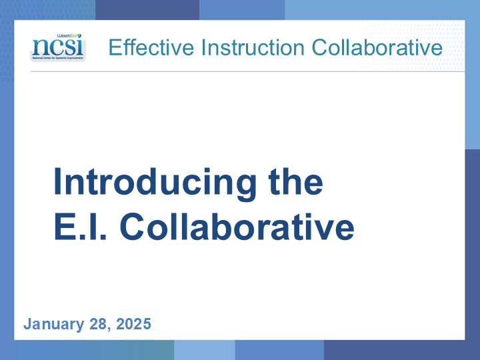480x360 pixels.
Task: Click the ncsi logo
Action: point(58,47)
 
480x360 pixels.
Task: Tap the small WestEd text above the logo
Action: point(69,36)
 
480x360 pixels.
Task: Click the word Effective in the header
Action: point(151,47)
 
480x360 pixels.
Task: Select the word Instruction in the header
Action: point(253,47)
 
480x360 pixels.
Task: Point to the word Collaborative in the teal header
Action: point(377,47)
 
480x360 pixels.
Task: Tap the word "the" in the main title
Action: point(295,181)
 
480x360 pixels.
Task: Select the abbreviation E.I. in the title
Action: point(80,227)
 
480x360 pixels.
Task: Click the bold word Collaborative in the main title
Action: point(237,227)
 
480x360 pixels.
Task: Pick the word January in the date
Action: point(53,325)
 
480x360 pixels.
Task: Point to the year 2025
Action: point(134,324)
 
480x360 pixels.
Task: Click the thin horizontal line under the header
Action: point(247,71)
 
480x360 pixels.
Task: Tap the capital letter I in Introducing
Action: point(57,181)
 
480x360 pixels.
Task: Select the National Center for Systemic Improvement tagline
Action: point(58,58)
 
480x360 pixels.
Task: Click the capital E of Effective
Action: point(115,47)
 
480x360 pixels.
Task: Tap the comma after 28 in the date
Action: point(109,329)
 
